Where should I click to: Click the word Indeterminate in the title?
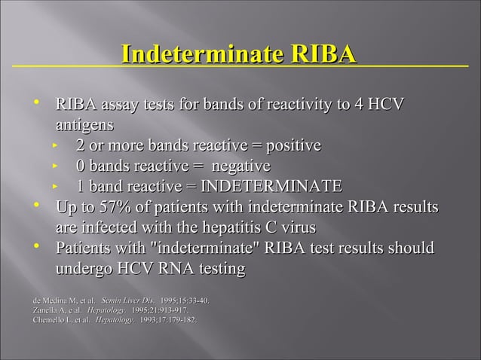coord(200,55)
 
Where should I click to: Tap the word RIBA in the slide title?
coord(320,55)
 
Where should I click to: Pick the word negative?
coord(234,166)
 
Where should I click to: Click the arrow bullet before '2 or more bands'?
coord(55,145)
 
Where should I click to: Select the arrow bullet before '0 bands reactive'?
coord(55,166)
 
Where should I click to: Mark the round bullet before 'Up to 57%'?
coord(35,206)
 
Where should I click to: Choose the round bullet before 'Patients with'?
coord(35,247)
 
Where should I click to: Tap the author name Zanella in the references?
coord(46,310)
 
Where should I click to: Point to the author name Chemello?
coord(48,320)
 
